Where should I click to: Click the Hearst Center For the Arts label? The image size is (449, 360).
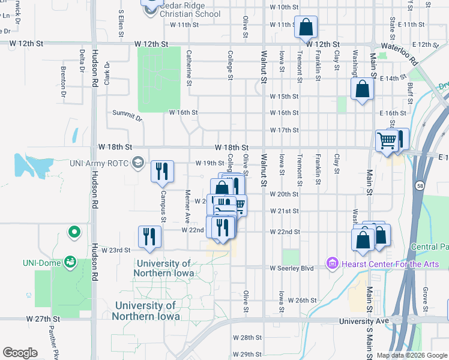(375, 263)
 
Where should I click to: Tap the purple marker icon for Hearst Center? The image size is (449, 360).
(331, 263)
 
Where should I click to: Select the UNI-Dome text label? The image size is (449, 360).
(40, 263)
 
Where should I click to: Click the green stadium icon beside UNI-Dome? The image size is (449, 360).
(70, 262)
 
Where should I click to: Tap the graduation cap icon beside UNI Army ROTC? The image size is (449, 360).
(139, 163)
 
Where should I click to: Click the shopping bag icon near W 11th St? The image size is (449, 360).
(306, 26)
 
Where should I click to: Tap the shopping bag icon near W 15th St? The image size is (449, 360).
(363, 89)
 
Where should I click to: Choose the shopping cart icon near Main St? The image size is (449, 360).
(387, 140)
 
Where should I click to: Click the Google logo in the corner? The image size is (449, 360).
(20, 352)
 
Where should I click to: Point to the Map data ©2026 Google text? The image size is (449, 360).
(412, 355)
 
